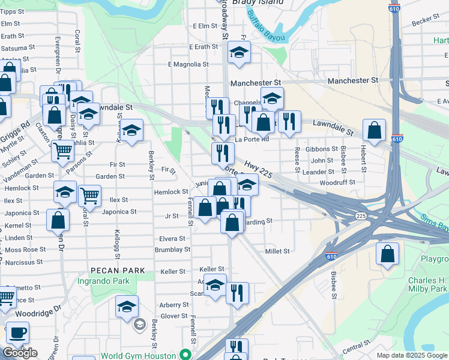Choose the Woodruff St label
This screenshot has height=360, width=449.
pos(337,182)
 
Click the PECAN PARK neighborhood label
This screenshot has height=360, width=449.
pos(118,271)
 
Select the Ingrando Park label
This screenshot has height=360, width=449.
pos(103,281)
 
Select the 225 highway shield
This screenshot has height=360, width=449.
pos(361,215)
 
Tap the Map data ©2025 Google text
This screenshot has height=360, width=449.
pos(412,355)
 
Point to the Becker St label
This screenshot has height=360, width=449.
pos(426,20)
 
